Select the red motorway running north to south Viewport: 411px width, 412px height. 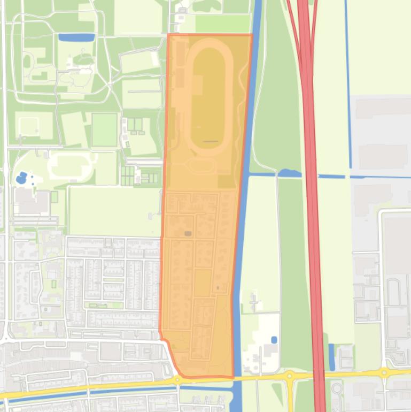click(309, 161)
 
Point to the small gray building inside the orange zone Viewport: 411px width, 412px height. click(188, 233)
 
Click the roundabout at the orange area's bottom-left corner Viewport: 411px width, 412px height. click(177, 379)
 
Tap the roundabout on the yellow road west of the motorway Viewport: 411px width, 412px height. click(290, 376)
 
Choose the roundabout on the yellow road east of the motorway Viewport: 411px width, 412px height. click(384, 372)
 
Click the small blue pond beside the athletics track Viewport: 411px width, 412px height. click(21, 178)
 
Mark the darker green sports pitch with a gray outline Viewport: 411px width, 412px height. click(104, 129)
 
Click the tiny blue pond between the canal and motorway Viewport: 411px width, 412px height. click(274, 340)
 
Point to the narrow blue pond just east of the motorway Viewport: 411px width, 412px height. click(332, 357)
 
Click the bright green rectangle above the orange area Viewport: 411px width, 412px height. click(222, 24)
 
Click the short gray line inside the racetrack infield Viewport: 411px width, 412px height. click(211, 141)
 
